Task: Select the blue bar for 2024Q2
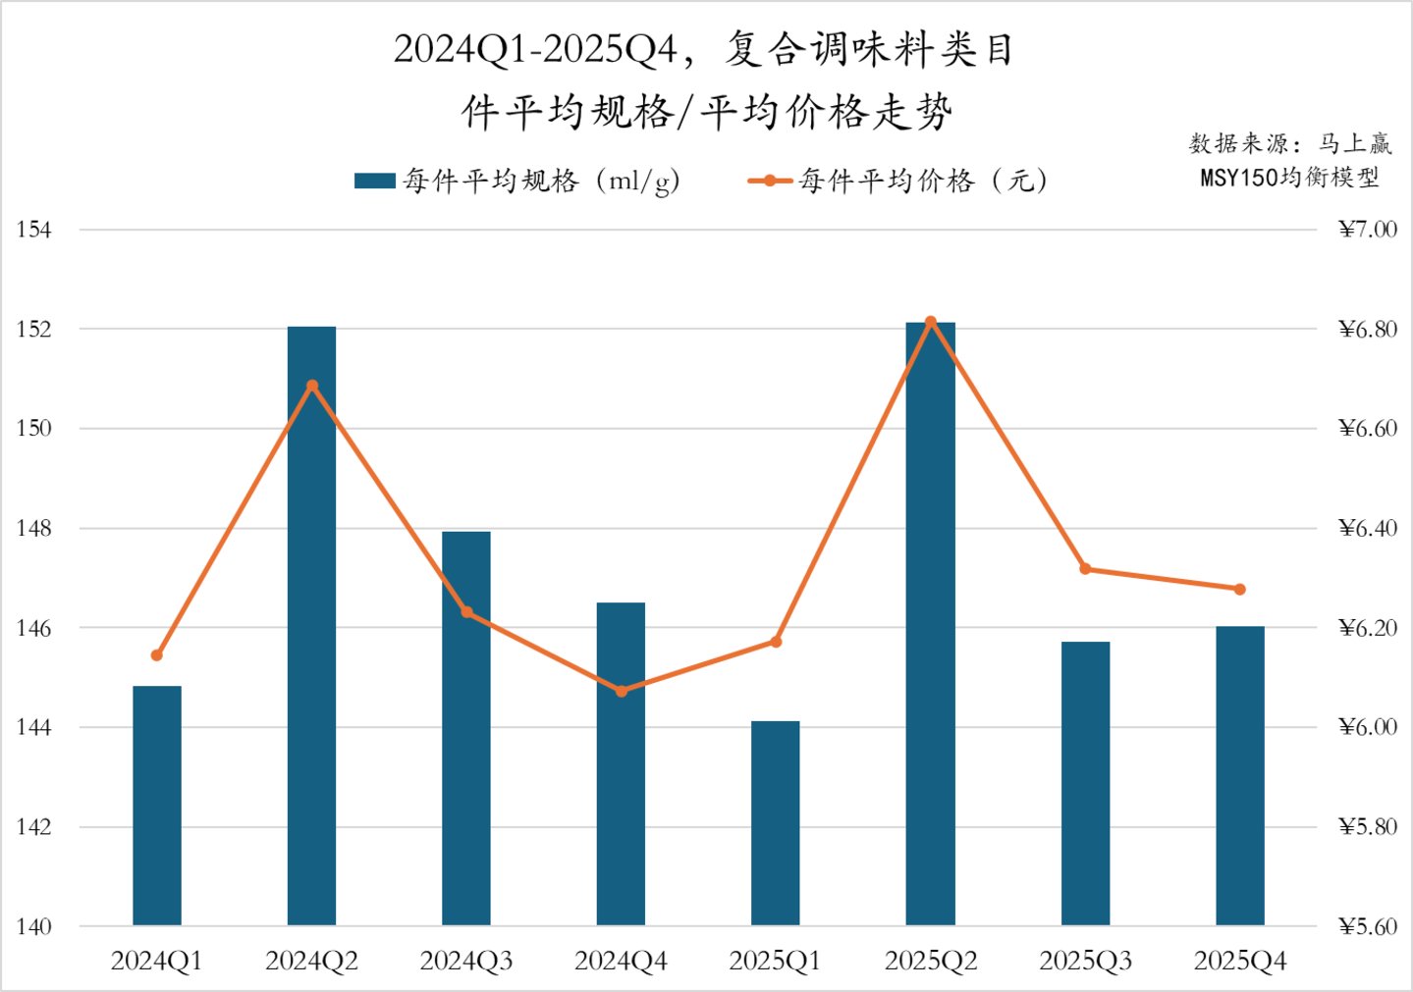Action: pyautogui.click(x=311, y=628)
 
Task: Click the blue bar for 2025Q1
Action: pyautogui.click(x=775, y=824)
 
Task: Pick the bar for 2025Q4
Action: pyautogui.click(x=1239, y=775)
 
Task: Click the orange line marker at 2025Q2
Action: pyautogui.click(x=931, y=322)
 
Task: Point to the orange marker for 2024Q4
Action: pyautogui.click(x=621, y=691)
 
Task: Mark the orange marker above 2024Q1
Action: pyautogui.click(x=157, y=654)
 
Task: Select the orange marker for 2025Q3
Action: pyautogui.click(x=1085, y=568)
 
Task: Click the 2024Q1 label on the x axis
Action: pyautogui.click(x=157, y=961)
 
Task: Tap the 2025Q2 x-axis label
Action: pyautogui.click(x=931, y=961)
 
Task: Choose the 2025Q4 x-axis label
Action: pyautogui.click(x=1239, y=961)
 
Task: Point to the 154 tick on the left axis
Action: pyautogui.click(x=33, y=230)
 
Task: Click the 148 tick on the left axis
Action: pyautogui.click(x=33, y=528)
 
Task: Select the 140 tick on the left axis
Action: pyautogui.click(x=33, y=926)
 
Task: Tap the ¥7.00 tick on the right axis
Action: pyautogui.click(x=1367, y=230)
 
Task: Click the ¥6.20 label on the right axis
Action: pyautogui.click(x=1367, y=628)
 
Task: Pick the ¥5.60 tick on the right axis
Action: pyautogui.click(x=1367, y=926)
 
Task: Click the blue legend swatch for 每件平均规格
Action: pyautogui.click(x=374, y=181)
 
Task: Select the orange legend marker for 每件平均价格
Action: pyautogui.click(x=771, y=181)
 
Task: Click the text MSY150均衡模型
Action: pyautogui.click(x=1289, y=177)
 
